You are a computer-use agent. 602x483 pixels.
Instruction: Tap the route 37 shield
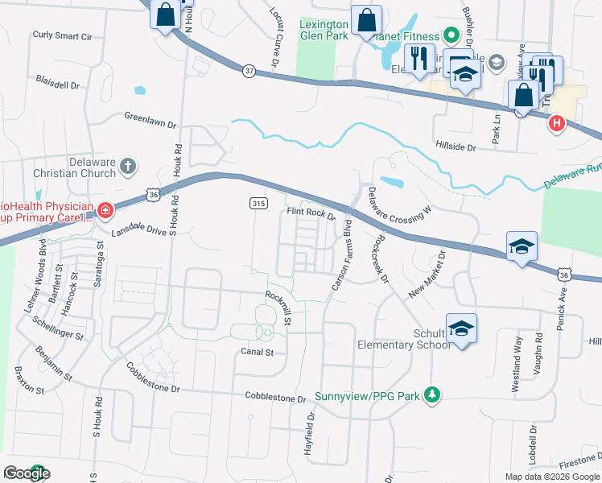point(249,71)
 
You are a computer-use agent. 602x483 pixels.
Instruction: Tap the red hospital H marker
point(555,123)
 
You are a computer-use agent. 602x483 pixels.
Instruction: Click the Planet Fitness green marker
point(451,36)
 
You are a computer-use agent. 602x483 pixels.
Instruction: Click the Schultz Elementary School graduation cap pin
point(462,328)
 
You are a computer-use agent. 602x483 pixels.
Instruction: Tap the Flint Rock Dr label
point(311,214)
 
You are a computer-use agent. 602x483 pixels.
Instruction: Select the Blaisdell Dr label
point(58,84)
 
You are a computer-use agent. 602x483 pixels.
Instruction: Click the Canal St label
point(258,352)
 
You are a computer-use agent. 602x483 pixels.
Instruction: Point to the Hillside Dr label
point(456,147)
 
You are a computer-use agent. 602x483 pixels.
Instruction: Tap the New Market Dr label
point(427,274)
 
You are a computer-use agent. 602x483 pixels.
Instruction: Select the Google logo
point(27,473)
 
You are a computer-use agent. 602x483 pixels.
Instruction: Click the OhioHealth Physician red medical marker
point(105,211)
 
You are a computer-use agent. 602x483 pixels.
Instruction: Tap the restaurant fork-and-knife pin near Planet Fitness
point(418,59)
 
